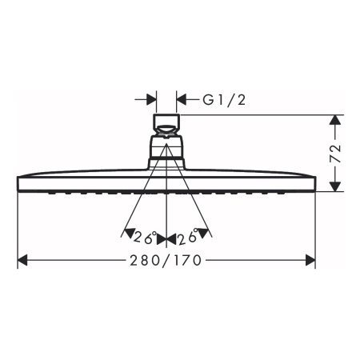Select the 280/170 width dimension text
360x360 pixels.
pyautogui.click(x=166, y=260)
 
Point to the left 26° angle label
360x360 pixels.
pyautogui.click(x=144, y=238)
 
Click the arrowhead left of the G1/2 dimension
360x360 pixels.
pyautogui.click(x=150, y=100)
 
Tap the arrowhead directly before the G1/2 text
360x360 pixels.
pyautogui.click(x=182, y=100)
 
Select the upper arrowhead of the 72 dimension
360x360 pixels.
pyautogui.click(x=337, y=121)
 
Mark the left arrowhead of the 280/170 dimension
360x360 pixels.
pyautogui.click(x=23, y=260)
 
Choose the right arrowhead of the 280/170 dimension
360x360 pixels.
pyautogui.click(x=310, y=260)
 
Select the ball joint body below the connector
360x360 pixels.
pyautogui.click(x=166, y=150)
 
